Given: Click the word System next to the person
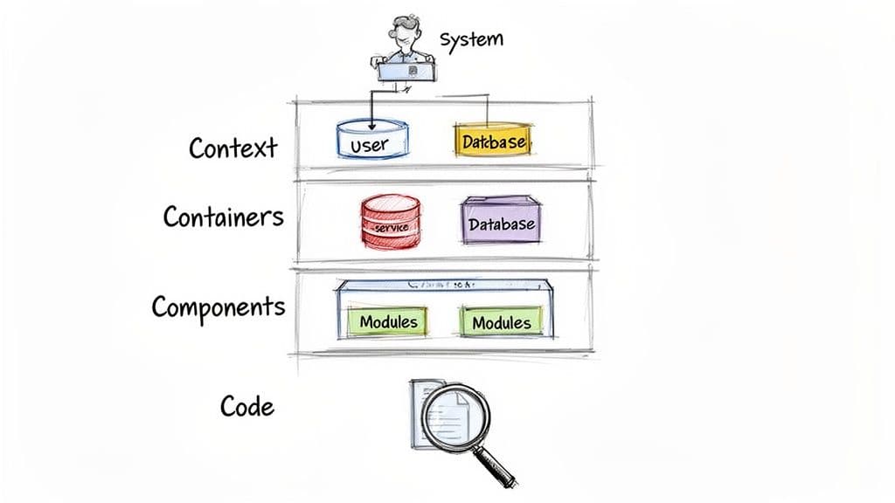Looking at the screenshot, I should [471, 40].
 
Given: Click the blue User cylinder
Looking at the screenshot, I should [373, 142].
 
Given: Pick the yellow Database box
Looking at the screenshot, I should [492, 141].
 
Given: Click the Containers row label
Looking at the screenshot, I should [223, 215].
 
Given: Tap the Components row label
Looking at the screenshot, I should [218, 307].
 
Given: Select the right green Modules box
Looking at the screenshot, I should [502, 322].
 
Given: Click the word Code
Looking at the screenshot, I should [246, 406].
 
